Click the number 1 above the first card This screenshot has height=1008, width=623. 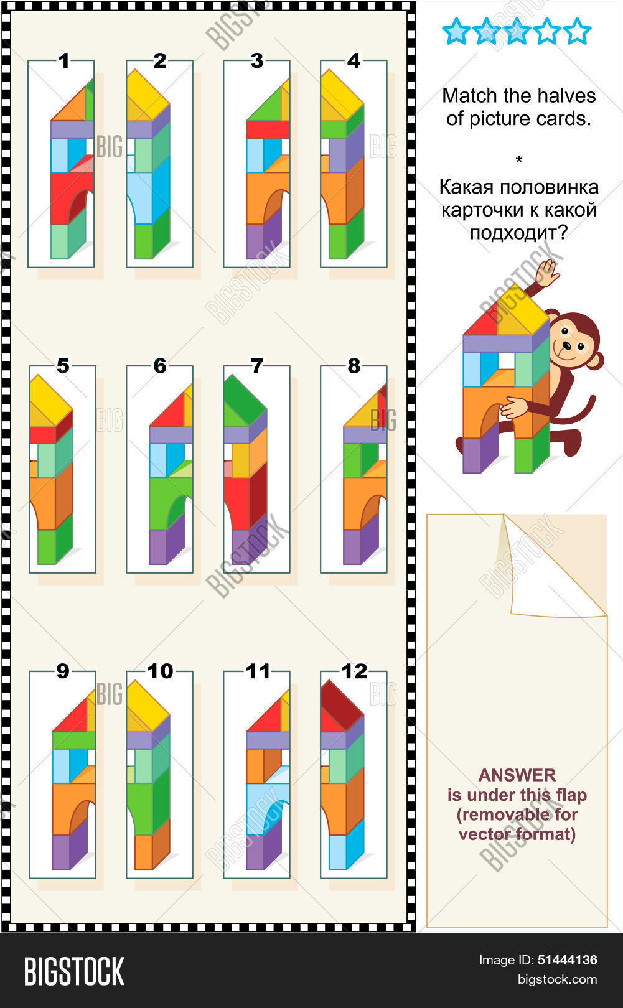(x=64, y=61)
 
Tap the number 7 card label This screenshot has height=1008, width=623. (x=257, y=366)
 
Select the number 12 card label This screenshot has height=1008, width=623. (x=354, y=671)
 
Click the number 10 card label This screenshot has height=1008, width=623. (x=160, y=671)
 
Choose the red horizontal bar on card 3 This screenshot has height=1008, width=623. (x=268, y=129)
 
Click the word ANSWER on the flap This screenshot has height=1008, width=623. (x=517, y=775)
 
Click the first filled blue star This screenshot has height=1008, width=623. (x=456, y=32)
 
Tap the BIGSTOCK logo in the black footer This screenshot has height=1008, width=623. (x=74, y=972)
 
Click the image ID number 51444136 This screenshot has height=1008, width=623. (x=567, y=960)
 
